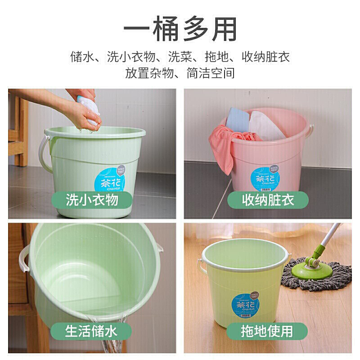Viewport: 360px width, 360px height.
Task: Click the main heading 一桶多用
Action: [180, 30]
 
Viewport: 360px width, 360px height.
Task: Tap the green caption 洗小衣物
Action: [92, 199]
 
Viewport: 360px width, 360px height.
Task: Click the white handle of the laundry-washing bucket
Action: [44, 153]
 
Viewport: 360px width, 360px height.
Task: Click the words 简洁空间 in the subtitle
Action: [211, 72]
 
